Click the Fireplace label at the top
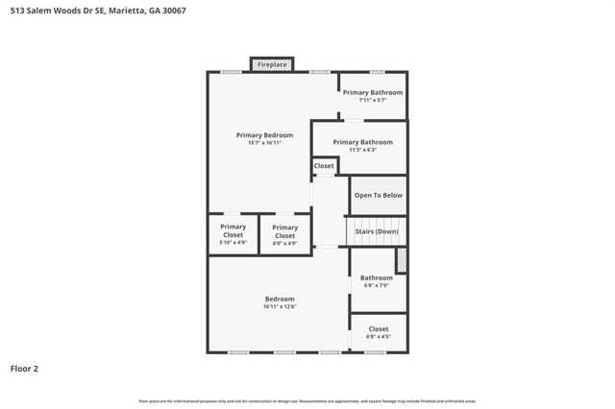[271, 64]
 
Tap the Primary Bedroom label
[264, 135]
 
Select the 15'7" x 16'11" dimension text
[264, 143]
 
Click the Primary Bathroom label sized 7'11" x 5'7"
[373, 92]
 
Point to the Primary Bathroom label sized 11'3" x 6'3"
[361, 142]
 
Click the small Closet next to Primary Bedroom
[324, 166]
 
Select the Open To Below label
[379, 195]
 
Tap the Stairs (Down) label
[377, 231]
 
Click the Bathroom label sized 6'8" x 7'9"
[376, 277]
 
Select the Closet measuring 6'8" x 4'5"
[378, 329]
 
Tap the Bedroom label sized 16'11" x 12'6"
[279, 299]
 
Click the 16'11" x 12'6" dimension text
[279, 306]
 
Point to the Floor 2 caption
[25, 368]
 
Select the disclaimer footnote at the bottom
[307, 400]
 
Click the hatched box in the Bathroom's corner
[402, 260]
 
